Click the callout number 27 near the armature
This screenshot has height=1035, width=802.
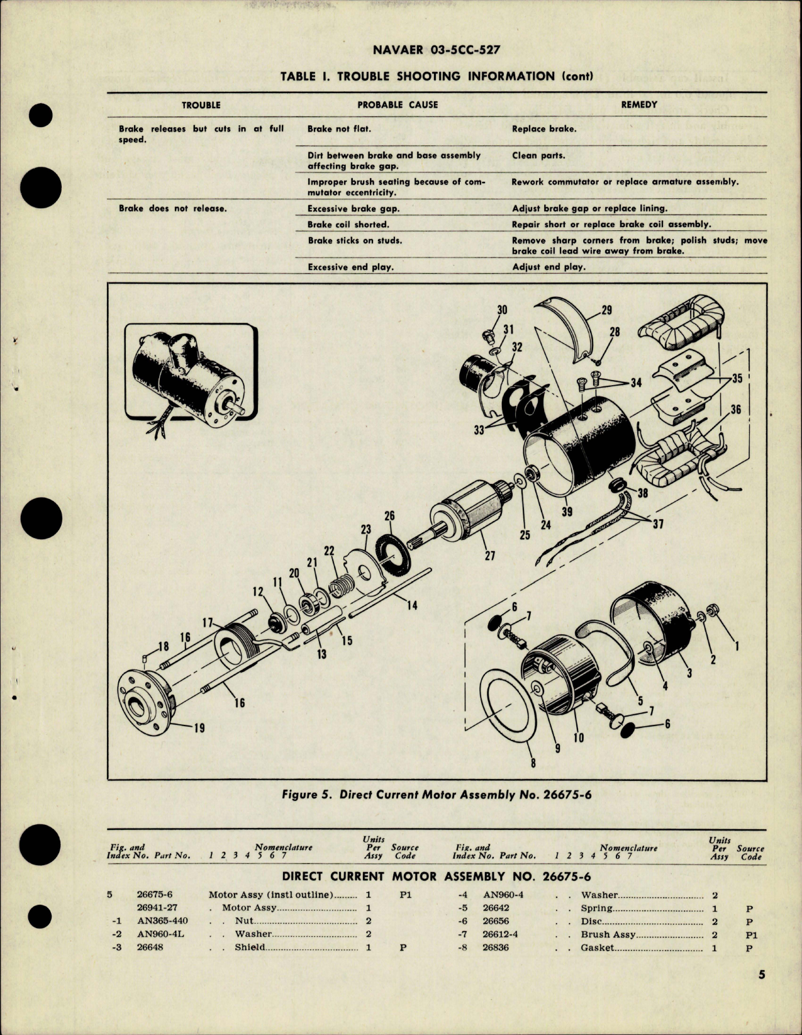tap(489, 556)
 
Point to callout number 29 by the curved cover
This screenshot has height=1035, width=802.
tap(606, 310)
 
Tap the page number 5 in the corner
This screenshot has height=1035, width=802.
tap(762, 993)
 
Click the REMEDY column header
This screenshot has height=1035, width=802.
tap(638, 105)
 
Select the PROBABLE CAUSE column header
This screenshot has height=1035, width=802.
tap(398, 105)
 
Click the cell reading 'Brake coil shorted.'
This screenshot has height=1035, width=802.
tap(348, 225)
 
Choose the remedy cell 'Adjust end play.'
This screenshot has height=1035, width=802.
tap(548, 267)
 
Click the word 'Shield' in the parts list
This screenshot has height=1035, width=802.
tap(250, 948)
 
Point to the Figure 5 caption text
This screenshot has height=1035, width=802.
tap(437, 795)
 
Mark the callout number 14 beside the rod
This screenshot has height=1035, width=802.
tap(412, 607)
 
